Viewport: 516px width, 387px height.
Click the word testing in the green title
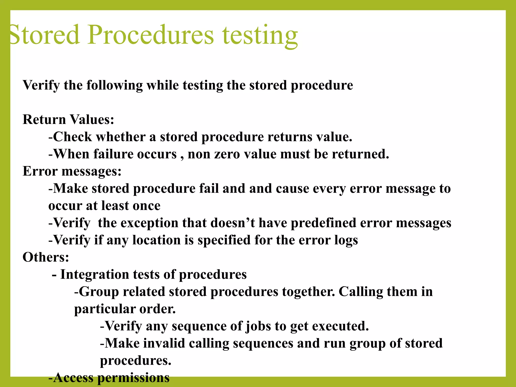coord(260,35)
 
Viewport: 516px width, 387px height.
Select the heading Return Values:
coord(68,119)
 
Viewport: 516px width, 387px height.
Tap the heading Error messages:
coord(72,171)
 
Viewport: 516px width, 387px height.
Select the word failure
coord(113,154)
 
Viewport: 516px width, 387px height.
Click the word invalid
coord(164,343)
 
